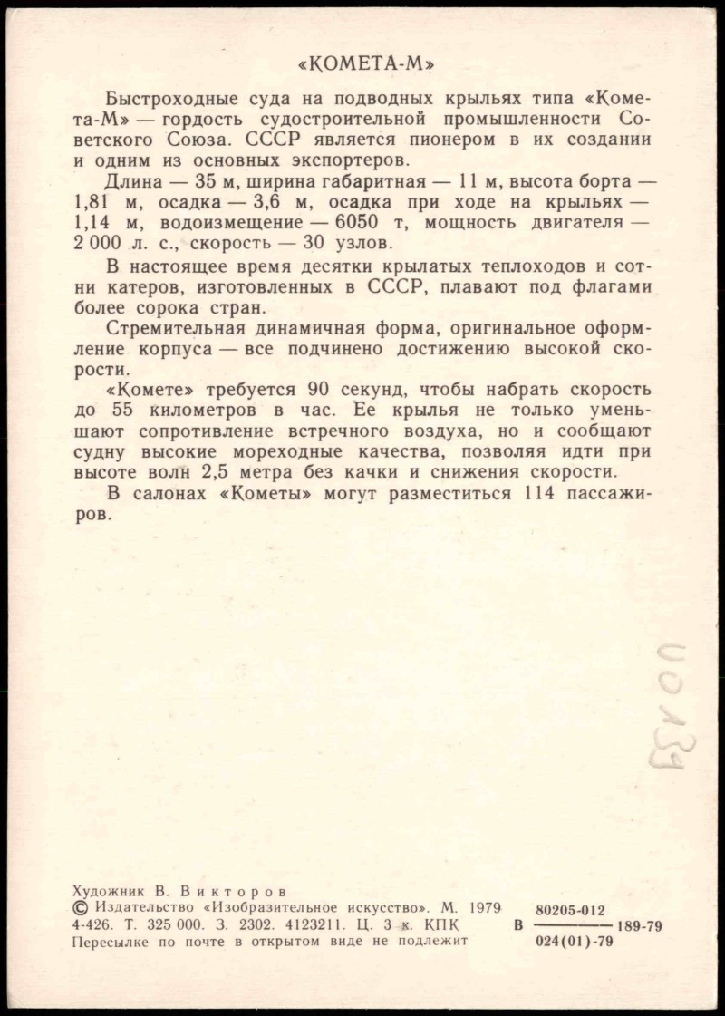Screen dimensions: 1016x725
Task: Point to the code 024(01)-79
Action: pyautogui.click(x=575, y=943)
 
